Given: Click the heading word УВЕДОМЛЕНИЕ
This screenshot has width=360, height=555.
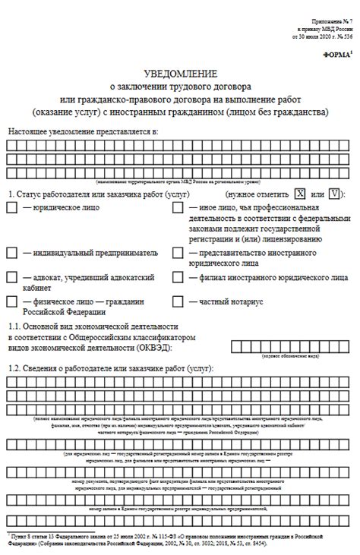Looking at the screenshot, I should [179, 74].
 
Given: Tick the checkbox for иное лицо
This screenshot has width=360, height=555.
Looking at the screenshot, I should [178, 208].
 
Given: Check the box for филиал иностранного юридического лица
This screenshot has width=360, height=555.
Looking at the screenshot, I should [178, 278].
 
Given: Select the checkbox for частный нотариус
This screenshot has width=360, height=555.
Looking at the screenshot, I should [178, 302].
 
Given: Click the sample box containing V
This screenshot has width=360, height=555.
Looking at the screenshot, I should [333, 193].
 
